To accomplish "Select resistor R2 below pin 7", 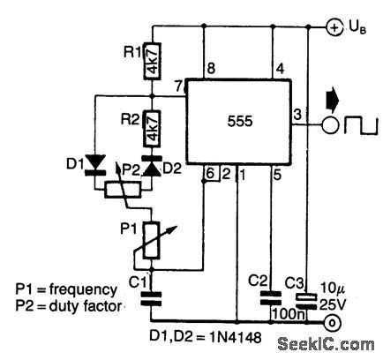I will [x=151, y=128].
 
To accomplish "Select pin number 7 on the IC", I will [x=179, y=85].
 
